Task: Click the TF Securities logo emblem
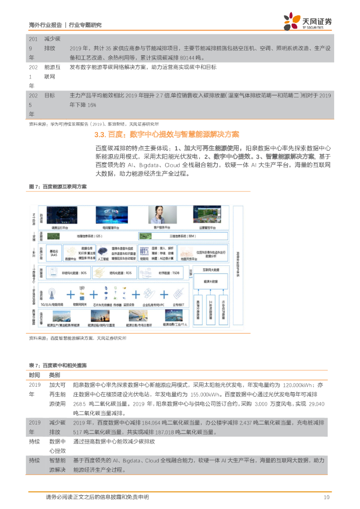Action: [x=292, y=21]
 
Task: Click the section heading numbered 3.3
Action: [x=166, y=134]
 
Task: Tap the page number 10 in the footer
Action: [x=326, y=497]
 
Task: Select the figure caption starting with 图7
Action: [x=58, y=186]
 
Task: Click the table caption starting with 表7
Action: [x=57, y=365]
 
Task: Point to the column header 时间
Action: [x=34, y=375]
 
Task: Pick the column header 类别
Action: [x=54, y=375]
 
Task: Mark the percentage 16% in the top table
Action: [x=91, y=105]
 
